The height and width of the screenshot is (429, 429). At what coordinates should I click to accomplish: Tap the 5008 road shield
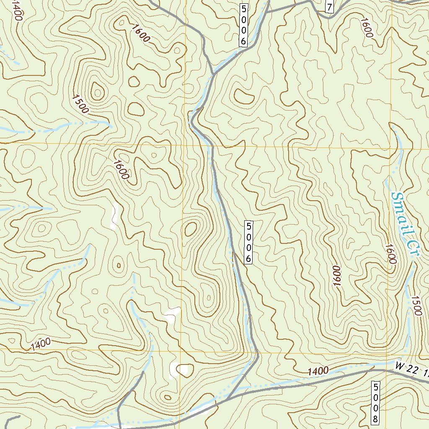coord(376,403)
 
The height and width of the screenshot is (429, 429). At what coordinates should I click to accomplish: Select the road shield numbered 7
coord(330,7)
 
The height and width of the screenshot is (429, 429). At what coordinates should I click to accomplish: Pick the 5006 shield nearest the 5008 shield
coord(248,243)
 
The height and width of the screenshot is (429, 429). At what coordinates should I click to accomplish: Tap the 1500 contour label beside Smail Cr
coord(416,305)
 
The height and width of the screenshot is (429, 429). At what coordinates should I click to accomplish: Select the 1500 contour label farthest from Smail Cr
coord(80,104)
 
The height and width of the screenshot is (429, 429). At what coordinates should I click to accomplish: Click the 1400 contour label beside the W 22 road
coord(318,371)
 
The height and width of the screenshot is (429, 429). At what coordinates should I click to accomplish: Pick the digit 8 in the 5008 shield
coord(376,419)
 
